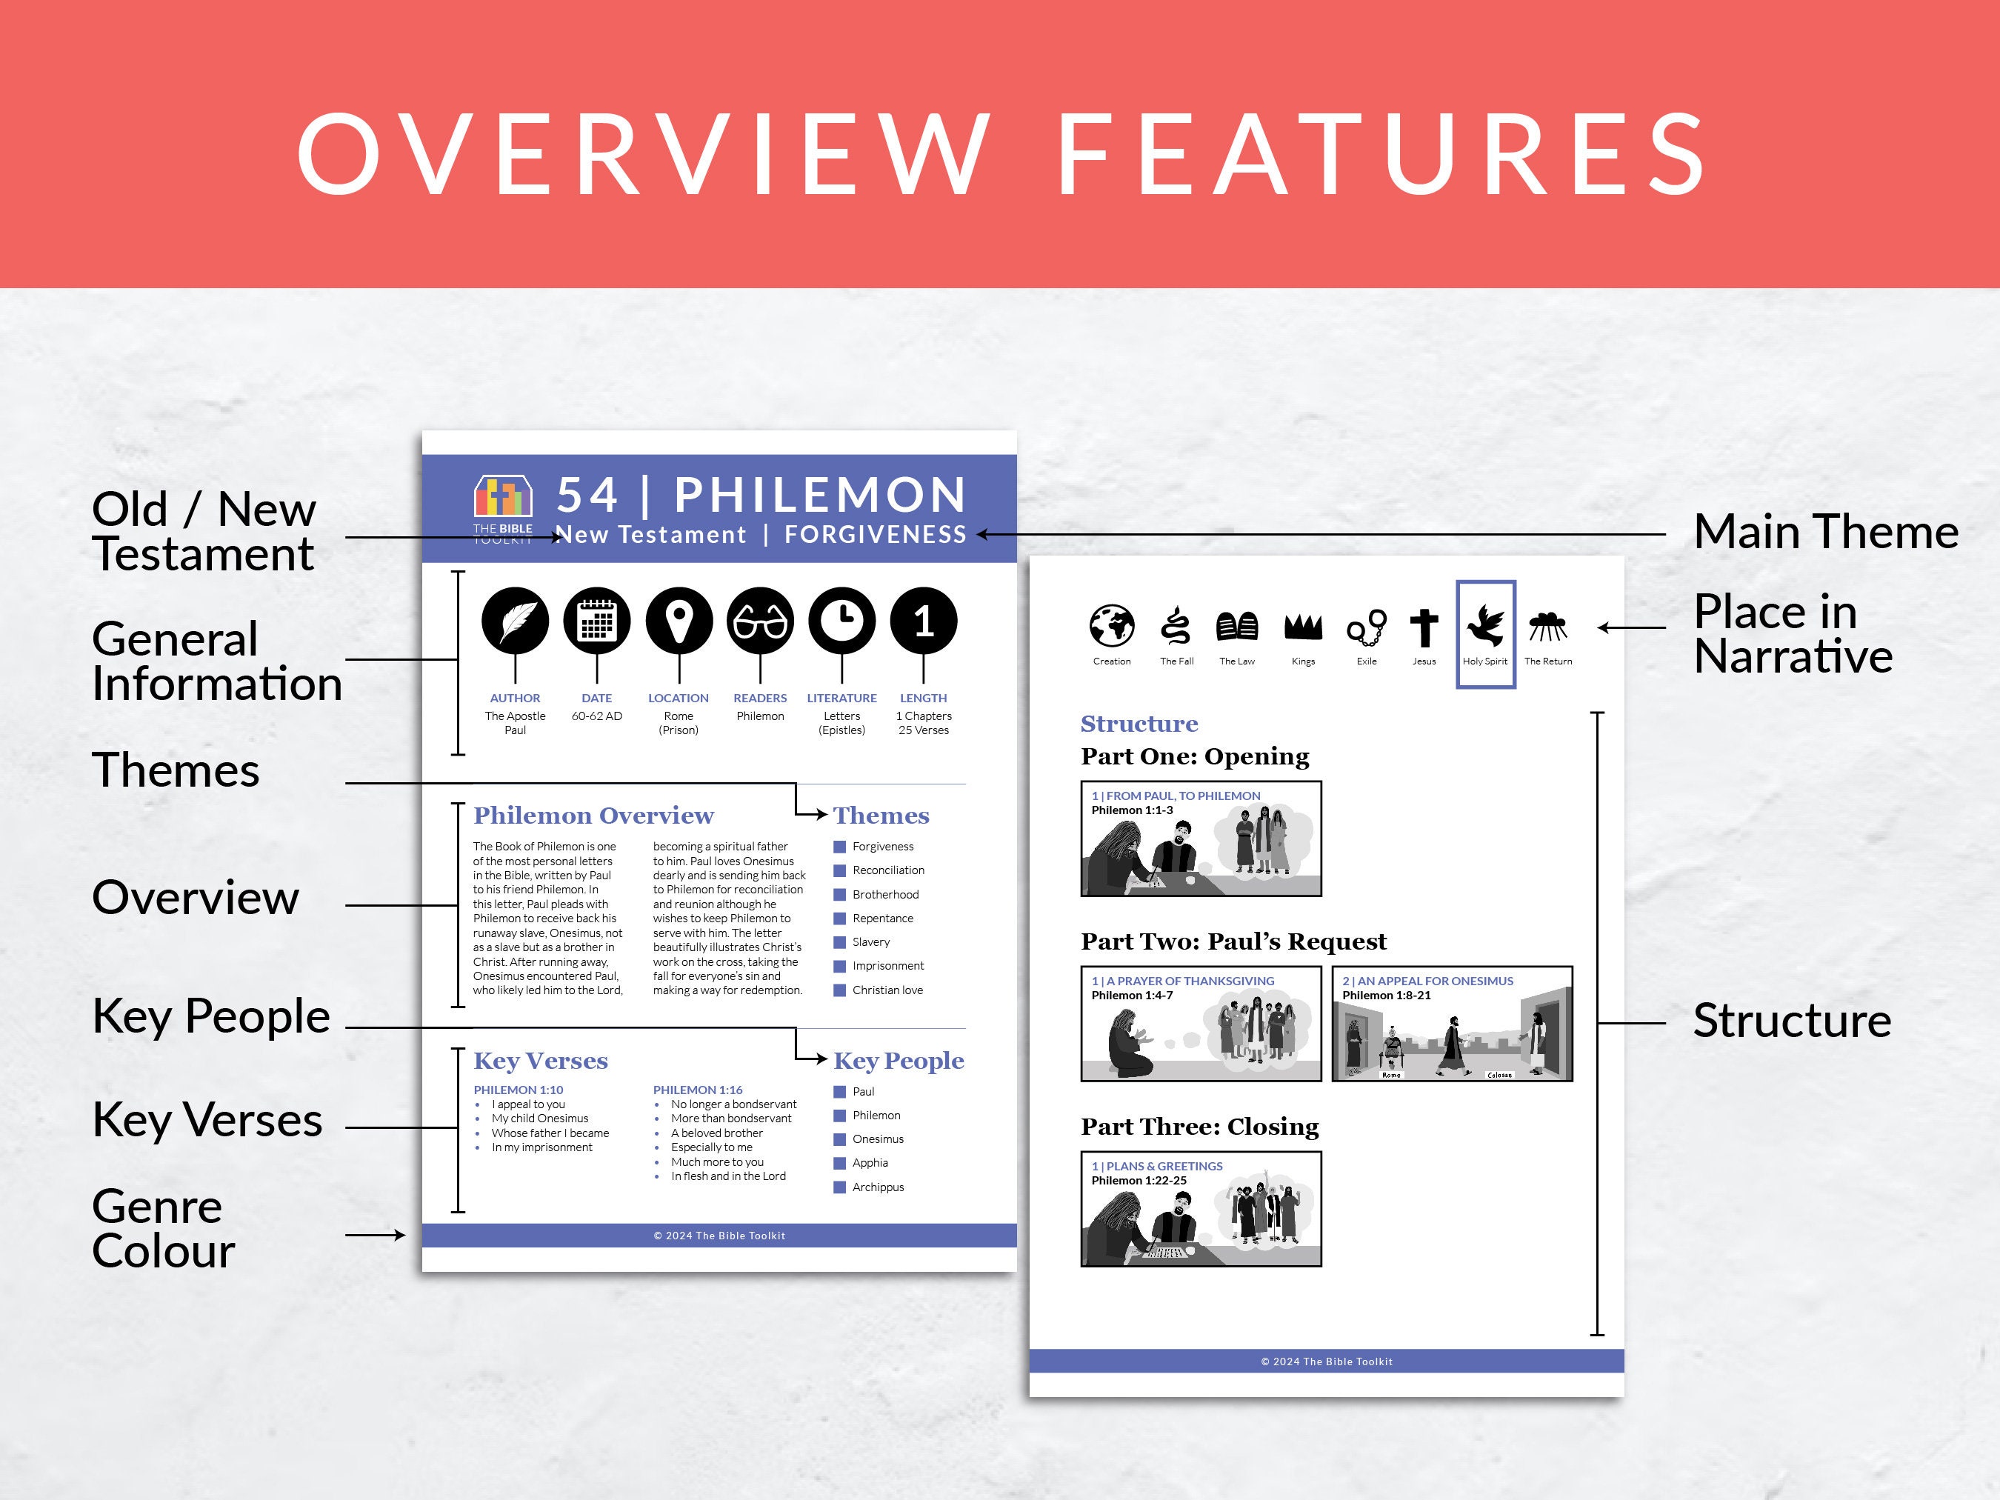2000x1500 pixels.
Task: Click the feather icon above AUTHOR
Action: (516, 621)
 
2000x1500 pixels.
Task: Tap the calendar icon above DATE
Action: (597, 621)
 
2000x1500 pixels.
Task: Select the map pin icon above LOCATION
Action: (679, 621)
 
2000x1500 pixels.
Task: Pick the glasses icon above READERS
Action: (761, 621)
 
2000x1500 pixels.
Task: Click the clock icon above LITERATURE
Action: (841, 621)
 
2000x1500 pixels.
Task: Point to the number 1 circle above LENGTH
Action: (923, 621)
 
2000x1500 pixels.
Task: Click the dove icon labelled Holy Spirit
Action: (1485, 626)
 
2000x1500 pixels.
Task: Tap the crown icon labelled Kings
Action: (1303, 627)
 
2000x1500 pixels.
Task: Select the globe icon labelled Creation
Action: (1111, 626)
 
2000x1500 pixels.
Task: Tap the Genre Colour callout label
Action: (164, 1228)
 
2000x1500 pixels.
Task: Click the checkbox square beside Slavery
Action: (840, 942)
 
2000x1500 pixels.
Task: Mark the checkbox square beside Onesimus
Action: (840, 1139)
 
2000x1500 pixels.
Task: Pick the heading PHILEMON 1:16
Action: (698, 1090)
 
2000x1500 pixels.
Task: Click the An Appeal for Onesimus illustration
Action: (1452, 1024)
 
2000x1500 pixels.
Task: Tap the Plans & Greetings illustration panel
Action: (1201, 1209)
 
